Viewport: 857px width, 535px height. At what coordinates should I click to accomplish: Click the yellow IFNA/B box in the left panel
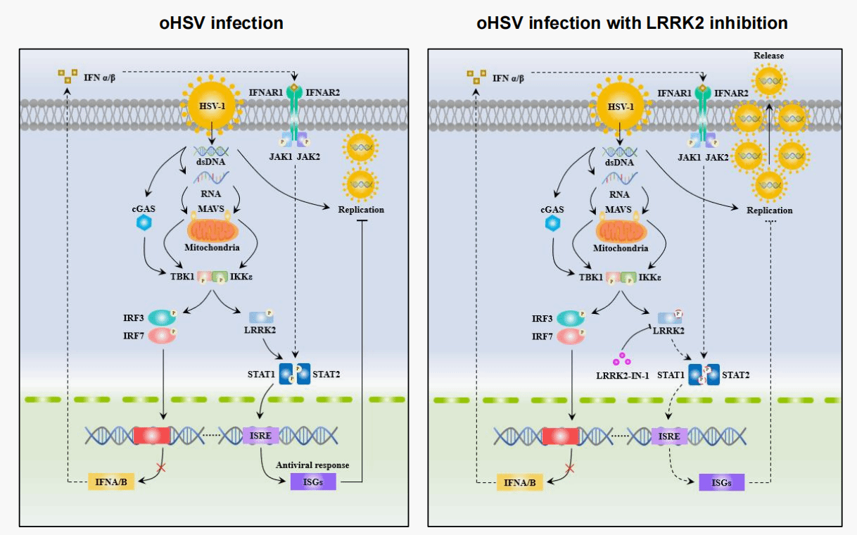110,482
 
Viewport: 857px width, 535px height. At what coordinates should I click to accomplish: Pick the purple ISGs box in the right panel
721,482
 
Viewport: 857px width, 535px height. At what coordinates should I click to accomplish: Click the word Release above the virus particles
768,56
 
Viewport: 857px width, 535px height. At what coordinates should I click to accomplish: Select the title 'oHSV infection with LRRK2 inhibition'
632,23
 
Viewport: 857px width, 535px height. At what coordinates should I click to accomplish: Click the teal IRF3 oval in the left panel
161,317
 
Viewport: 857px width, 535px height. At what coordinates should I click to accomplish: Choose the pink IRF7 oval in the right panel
570,336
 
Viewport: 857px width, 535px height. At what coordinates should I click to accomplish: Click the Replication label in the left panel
361,209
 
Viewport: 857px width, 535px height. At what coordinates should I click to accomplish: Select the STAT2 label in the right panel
735,374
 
